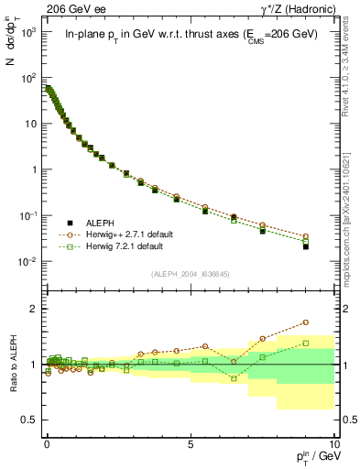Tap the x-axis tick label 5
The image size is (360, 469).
(190, 442)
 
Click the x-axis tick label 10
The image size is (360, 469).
(333, 442)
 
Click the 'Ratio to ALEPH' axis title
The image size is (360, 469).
(12, 365)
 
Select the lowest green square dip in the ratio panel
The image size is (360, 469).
(234, 378)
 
